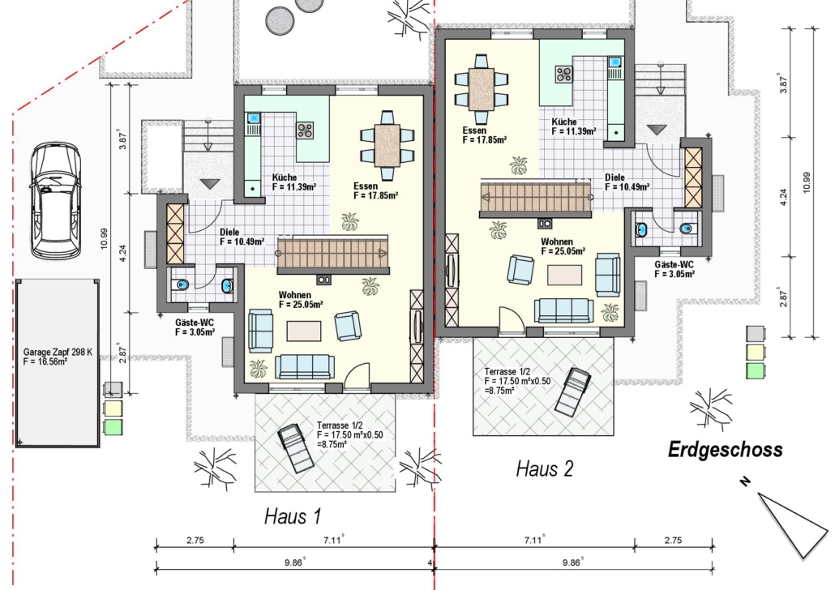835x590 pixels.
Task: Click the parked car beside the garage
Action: point(55,200)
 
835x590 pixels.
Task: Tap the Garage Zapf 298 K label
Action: point(58,352)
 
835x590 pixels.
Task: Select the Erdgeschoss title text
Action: point(726,450)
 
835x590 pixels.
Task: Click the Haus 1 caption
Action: point(293,516)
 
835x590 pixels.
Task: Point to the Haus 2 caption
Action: point(545,468)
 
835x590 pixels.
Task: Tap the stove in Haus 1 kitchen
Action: point(305,130)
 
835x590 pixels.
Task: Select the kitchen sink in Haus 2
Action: point(615,62)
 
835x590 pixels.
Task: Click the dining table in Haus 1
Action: point(388,145)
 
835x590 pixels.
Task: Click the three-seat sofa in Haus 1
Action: point(305,366)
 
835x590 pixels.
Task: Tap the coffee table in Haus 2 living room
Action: point(564,276)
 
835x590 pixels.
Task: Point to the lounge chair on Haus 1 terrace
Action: point(296,448)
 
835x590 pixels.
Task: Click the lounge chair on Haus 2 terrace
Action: point(572,391)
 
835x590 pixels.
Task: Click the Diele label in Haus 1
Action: point(229,232)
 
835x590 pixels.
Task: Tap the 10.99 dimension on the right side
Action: point(807,182)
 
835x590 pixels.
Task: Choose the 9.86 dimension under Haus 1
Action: point(294,562)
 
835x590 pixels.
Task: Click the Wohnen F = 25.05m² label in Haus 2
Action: point(563,246)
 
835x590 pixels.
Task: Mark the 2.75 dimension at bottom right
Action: point(673,540)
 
